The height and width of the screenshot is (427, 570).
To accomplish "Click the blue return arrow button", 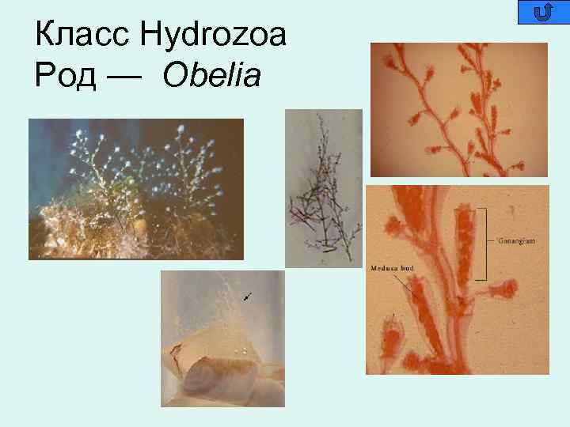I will [543, 12].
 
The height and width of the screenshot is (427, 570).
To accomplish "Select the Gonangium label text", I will [519, 237].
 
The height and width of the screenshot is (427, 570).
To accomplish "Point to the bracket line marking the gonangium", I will [482, 245].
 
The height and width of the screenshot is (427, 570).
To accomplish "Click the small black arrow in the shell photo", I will [249, 297].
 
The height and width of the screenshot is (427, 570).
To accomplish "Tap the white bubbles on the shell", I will [241, 348].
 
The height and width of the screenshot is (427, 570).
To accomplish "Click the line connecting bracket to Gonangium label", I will [492, 237].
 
